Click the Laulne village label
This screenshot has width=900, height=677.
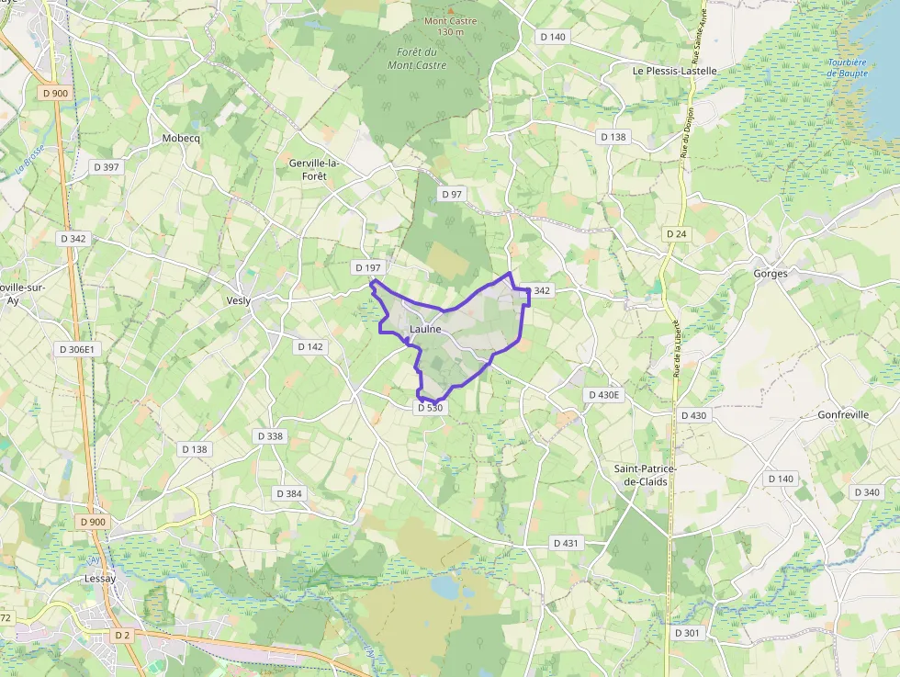425,329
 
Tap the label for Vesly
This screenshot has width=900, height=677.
239,300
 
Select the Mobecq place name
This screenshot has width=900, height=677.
180,139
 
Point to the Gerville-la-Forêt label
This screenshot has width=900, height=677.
314,169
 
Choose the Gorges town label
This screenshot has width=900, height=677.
771,274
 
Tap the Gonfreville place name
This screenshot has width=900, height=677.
843,415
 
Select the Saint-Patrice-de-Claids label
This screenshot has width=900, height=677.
646,475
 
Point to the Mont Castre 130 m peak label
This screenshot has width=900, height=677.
444,26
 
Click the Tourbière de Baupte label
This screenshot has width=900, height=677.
846,67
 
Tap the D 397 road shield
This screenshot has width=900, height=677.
107,167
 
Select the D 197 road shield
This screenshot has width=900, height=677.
366,267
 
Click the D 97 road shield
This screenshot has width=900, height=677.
452,194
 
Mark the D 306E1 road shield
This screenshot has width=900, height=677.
76,349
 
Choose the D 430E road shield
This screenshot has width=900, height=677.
603,395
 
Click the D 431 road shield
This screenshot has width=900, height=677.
567,543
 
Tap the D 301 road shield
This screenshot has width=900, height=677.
687,633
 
